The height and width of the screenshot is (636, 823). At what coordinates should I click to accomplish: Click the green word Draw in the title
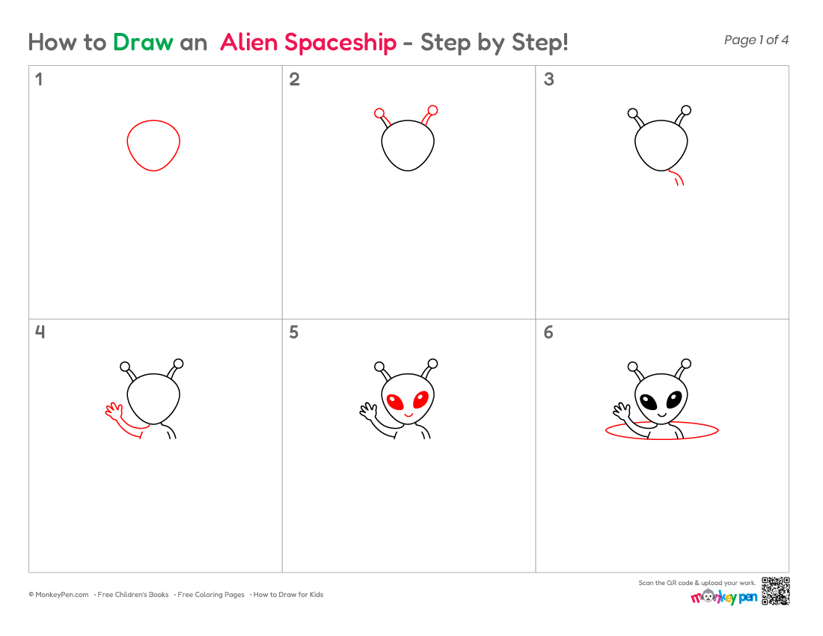pos(143,42)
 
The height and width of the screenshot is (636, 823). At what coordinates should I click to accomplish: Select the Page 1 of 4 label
pos(756,40)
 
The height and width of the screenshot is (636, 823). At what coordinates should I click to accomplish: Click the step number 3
pos(549,79)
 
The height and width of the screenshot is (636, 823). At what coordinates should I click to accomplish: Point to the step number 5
pos(294,332)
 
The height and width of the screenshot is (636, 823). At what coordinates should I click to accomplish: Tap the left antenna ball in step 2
pos(379,113)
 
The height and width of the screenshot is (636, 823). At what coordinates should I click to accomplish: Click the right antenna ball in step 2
pos(432,110)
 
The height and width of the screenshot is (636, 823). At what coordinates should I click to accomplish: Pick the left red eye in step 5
pos(395,402)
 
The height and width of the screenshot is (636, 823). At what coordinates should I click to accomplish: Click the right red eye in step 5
pos(421,400)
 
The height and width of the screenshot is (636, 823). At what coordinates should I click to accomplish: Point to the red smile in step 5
pos(409,415)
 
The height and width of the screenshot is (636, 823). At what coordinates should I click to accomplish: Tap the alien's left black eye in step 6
pos(648,402)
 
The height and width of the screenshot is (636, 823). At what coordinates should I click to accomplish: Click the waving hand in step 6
pos(621,410)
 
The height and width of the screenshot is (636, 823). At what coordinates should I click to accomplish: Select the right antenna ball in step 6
pos(686,363)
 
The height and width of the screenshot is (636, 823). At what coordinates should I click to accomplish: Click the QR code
pos(776,591)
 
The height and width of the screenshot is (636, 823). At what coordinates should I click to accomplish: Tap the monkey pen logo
pos(723,597)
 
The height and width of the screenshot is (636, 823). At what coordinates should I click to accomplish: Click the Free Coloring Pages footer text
pos(211,595)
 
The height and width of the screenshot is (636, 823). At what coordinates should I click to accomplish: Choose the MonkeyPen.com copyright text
pos(59,595)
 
